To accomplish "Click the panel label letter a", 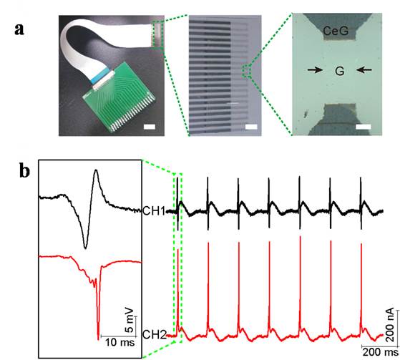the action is (x=19, y=29).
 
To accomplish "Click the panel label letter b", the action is (x=24, y=171).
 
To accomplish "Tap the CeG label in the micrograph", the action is (x=336, y=31).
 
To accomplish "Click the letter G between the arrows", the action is (x=340, y=71).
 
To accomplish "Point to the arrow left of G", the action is (x=315, y=69).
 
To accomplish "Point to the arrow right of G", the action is (x=364, y=69).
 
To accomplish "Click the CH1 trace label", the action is (x=154, y=211).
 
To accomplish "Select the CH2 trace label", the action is (x=155, y=334).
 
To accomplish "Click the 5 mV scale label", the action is (x=130, y=320).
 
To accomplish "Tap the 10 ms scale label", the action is (x=120, y=342).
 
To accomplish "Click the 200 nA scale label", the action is (x=391, y=325).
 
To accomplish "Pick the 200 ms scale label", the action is (x=381, y=352).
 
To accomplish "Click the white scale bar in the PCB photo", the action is (x=150, y=127).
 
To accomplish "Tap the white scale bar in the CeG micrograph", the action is (x=364, y=127).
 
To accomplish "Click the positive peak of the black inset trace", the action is (x=96, y=170).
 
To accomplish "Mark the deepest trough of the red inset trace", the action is (x=98, y=339).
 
